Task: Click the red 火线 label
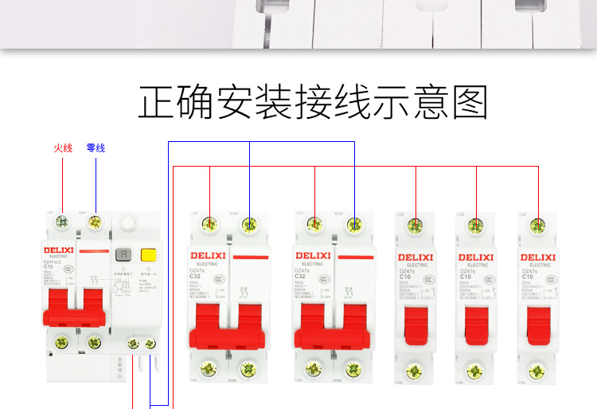coord(63,147)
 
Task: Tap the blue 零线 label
coord(96,147)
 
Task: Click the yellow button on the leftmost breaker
coord(147,255)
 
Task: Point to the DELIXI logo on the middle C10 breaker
coord(477,257)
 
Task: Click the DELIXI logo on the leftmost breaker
coord(57,250)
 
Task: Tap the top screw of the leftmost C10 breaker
coord(416,225)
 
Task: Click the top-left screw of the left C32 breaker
coord(209,225)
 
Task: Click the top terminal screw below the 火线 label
coord(62,222)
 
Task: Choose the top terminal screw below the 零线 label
coord(96,222)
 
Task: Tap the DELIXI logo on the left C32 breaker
coord(209,256)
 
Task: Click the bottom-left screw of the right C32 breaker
coord(314,369)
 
